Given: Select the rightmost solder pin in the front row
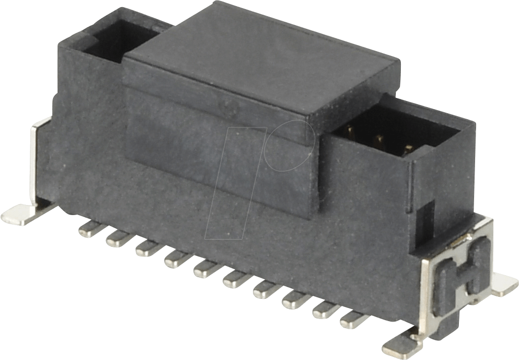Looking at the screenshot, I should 352,320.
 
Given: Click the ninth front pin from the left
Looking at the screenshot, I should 324,310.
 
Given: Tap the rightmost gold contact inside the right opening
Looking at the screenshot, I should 408,148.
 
